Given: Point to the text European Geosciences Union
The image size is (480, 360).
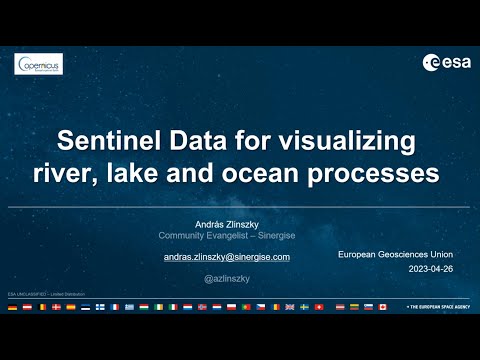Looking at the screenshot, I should pos(395,256).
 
